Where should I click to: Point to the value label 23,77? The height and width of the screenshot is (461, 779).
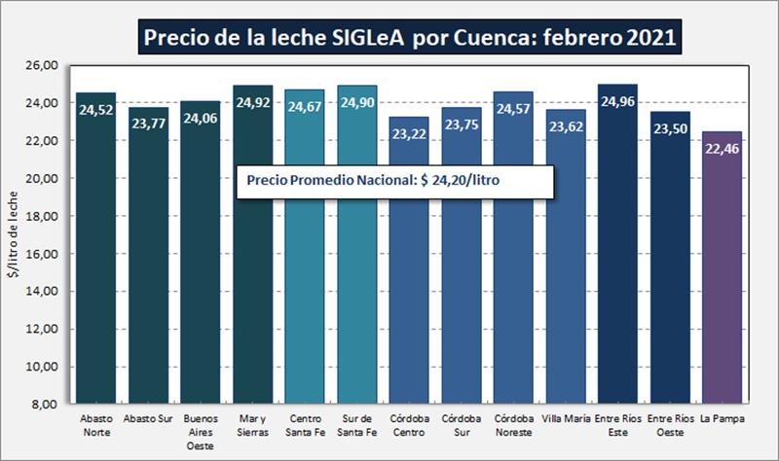coord(148,123)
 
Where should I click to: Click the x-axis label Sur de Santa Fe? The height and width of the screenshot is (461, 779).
coord(356,424)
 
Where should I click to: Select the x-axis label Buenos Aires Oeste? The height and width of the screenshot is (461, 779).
coord(200,430)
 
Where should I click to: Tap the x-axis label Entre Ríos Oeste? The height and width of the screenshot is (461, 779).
coord(670,424)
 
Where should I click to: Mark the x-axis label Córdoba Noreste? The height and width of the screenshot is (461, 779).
coord(513,424)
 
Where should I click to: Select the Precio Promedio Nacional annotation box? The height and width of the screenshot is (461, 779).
coord(395,181)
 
